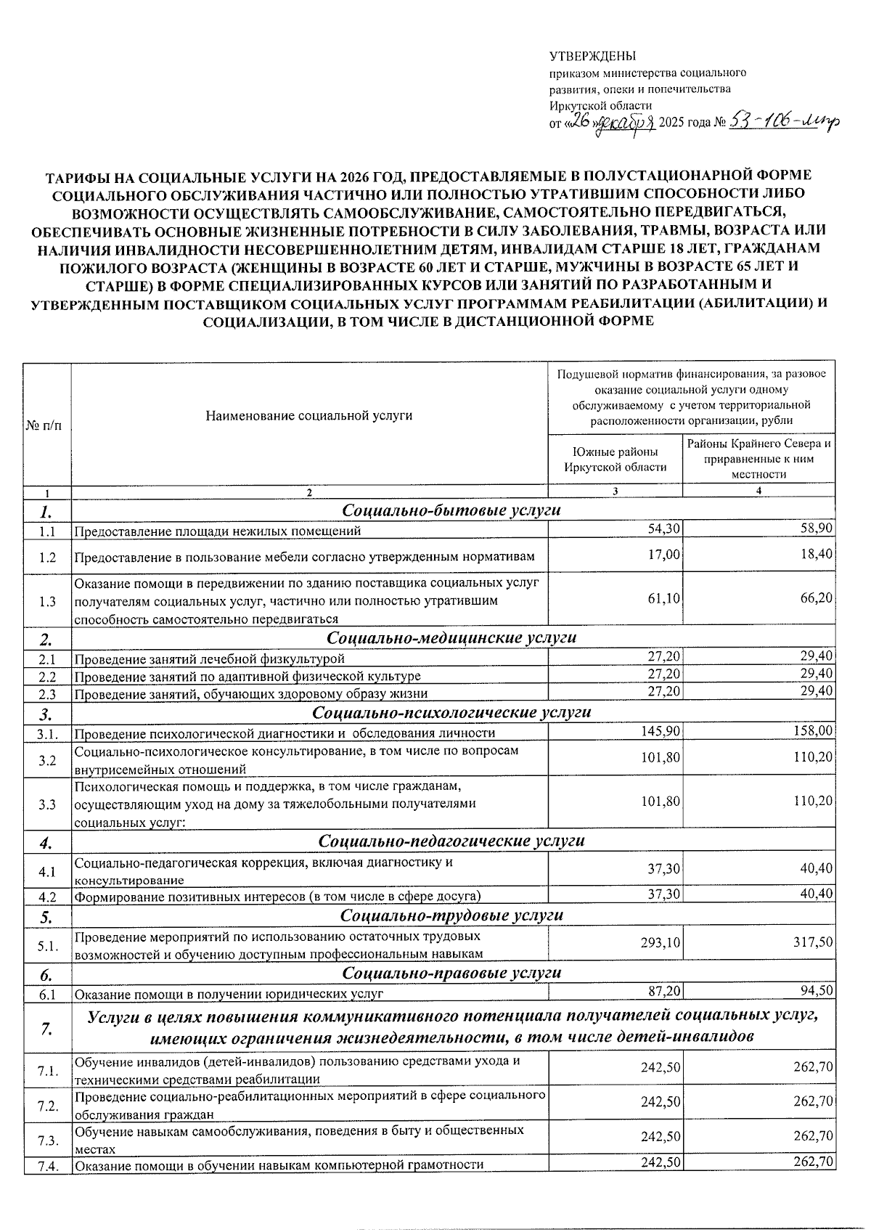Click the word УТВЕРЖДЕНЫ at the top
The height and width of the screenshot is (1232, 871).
pos(592,57)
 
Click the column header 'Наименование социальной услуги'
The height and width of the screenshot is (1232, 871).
pos(308,416)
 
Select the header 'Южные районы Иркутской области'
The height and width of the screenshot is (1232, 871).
pos(615,459)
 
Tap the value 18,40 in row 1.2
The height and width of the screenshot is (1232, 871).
pos(816,555)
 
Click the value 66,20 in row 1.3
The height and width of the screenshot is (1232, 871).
pos(816,598)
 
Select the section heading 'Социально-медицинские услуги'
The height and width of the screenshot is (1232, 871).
pos(451,637)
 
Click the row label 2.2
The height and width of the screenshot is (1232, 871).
pos(48,677)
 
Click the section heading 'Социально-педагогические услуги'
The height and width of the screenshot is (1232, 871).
pos(451,841)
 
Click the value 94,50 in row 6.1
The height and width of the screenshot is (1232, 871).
pos(816,991)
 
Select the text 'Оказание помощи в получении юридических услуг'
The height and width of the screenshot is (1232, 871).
pos(229,994)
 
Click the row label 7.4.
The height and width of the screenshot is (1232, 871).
pos(48,1166)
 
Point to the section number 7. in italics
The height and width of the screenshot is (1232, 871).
pos(47,1029)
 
